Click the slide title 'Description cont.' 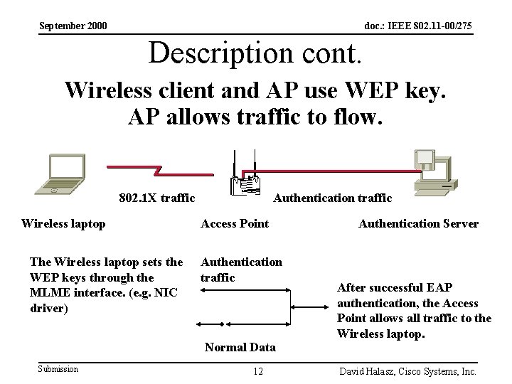pyautogui.click(x=256, y=52)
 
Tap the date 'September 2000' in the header pyautogui.click(x=73, y=26)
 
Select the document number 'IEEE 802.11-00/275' pyautogui.click(x=435, y=26)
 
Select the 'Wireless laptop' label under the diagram pyautogui.click(x=63, y=223)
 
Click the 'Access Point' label pyautogui.click(x=235, y=223)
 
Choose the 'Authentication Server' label pyautogui.click(x=418, y=223)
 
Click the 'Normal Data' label pyautogui.click(x=240, y=347)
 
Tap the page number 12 pyautogui.click(x=258, y=371)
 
